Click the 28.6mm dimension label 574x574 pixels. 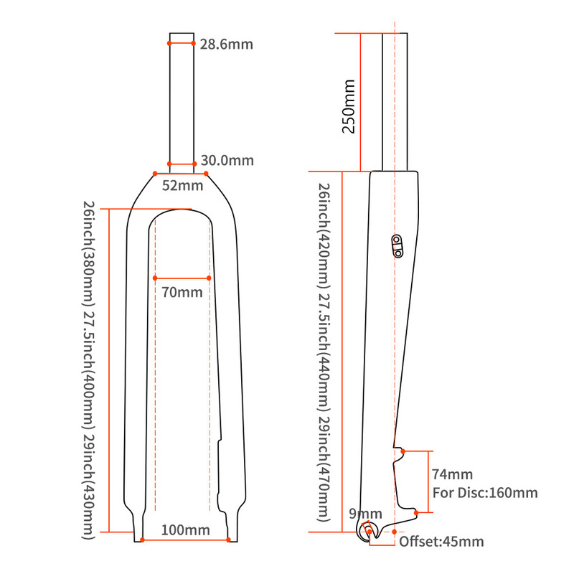click(x=227, y=44)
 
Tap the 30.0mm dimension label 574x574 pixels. click(x=227, y=161)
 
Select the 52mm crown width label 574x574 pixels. click(x=182, y=185)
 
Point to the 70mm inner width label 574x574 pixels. click(x=182, y=292)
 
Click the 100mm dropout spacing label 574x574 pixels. click(x=185, y=530)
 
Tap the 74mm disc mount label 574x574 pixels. click(x=453, y=474)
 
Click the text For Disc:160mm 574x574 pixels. click(x=485, y=493)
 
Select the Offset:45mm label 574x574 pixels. click(x=441, y=542)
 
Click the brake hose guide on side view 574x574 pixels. click(x=397, y=244)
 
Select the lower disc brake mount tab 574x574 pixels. click(x=413, y=511)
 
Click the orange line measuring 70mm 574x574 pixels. click(x=182, y=278)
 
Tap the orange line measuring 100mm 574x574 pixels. click(x=185, y=539)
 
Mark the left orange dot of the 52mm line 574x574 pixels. click(x=156, y=173)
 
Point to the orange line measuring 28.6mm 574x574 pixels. click(x=182, y=43)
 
